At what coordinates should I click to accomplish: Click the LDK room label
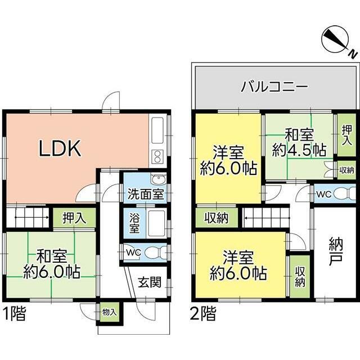pos(60,148)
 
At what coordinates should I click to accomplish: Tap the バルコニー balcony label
pos(274,87)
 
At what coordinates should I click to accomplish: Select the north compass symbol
pos(337,41)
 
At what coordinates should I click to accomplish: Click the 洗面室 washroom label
pos(146,194)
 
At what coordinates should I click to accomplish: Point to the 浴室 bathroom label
pos(134,223)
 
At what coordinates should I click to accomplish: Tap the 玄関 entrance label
pos(150,282)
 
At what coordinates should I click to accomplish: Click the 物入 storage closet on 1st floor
pos(110,312)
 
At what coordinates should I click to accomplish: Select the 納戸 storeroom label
pos(336,251)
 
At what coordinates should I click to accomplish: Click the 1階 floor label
pos(14,313)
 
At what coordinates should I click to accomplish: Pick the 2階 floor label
pos(203,313)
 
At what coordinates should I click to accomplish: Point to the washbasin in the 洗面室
pos(159,179)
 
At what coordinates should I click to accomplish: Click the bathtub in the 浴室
pos(156,224)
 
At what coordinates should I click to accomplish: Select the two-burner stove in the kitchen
pos(157,156)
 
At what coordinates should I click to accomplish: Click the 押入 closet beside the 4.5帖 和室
pos(346,136)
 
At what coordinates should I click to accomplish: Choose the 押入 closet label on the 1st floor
pos(74,218)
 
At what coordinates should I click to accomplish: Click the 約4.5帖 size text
pos(299,151)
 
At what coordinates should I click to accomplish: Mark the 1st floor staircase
pos(28,217)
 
